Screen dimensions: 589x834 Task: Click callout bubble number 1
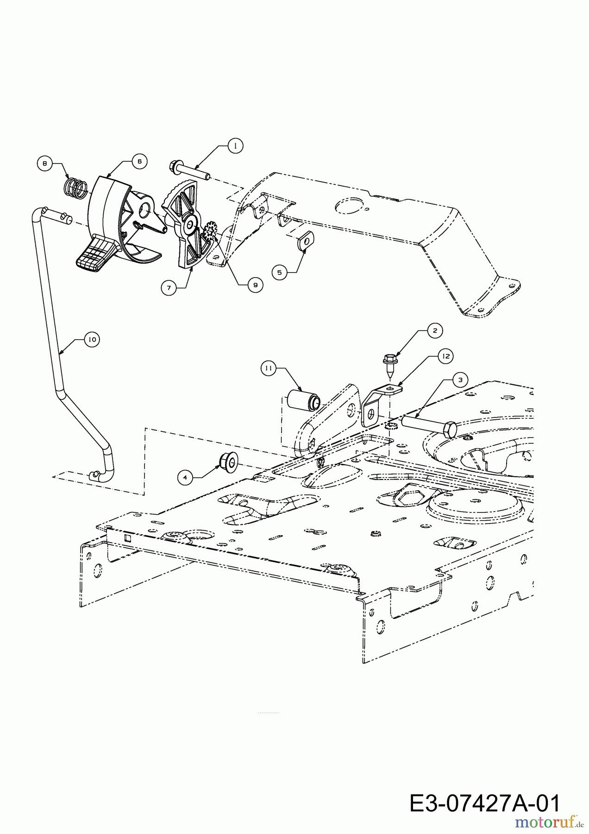click(235, 145)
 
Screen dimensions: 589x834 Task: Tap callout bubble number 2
click(434, 330)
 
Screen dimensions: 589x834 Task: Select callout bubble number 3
click(460, 379)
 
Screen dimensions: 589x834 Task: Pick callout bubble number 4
click(185, 478)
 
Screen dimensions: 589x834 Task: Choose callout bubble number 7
click(169, 288)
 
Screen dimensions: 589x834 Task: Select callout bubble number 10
click(92, 340)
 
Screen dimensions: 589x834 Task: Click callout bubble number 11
click(269, 369)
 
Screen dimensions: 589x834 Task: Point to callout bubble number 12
click(446, 356)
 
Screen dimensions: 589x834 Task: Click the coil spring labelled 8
click(75, 187)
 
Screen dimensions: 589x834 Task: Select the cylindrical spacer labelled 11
click(303, 401)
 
